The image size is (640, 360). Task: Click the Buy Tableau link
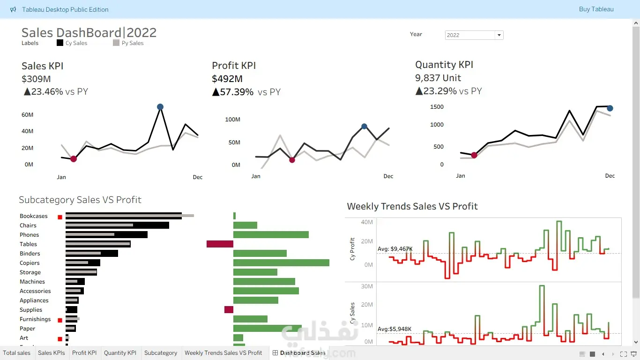(x=596, y=9)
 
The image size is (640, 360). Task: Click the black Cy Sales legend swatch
(x=60, y=43)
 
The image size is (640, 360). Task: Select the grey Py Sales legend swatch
(x=116, y=43)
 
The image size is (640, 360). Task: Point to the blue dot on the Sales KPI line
(x=160, y=107)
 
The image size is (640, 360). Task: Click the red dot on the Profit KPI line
(x=292, y=160)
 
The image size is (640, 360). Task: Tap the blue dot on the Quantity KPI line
(x=610, y=108)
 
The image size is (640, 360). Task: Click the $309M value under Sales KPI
(x=36, y=79)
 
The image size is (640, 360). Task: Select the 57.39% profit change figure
(x=237, y=92)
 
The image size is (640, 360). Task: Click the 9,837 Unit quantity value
(x=438, y=78)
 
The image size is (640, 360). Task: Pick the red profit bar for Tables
(x=220, y=244)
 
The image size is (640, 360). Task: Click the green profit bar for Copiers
(x=281, y=262)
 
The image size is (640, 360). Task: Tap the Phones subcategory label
(x=30, y=235)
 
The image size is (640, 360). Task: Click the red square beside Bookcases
(x=60, y=217)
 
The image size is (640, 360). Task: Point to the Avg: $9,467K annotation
(x=395, y=249)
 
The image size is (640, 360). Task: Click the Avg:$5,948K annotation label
(x=394, y=329)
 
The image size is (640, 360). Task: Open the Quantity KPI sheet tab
(x=120, y=353)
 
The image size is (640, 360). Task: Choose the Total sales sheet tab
(x=16, y=353)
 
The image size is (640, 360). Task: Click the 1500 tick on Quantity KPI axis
(x=437, y=107)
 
